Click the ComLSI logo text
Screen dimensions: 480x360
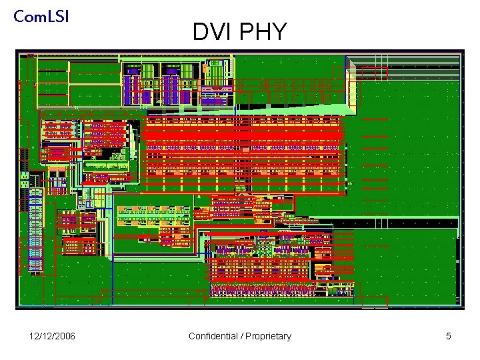point(41,17)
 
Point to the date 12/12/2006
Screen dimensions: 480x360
point(53,336)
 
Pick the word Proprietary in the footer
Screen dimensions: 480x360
point(268,336)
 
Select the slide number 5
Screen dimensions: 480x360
point(449,336)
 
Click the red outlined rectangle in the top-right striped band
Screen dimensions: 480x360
point(373,73)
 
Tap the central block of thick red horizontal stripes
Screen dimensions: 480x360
point(243,150)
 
